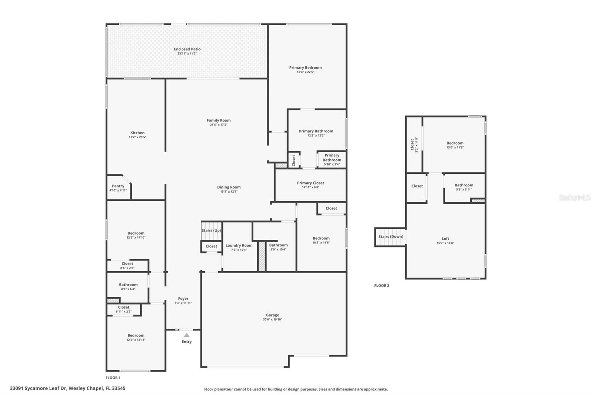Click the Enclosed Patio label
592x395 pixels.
(x=187, y=49)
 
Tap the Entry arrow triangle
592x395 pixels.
(x=187, y=335)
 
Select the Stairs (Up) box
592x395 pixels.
(x=211, y=230)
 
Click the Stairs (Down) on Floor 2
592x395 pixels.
(x=391, y=236)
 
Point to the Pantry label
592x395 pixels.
(x=118, y=186)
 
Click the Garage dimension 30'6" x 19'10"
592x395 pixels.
(x=272, y=319)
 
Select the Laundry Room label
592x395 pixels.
(x=239, y=245)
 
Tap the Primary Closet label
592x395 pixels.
(x=310, y=183)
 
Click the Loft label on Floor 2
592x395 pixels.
(x=445, y=239)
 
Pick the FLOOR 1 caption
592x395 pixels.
(x=113, y=378)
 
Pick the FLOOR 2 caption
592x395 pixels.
(x=381, y=286)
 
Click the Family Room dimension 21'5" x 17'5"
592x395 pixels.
(x=219, y=125)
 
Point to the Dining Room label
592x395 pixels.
(x=229, y=187)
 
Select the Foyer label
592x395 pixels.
(x=183, y=298)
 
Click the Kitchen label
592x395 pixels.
(x=137, y=133)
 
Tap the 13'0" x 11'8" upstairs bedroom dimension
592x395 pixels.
(x=455, y=147)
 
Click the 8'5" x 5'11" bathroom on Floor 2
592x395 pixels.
(x=464, y=187)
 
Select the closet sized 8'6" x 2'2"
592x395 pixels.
(x=127, y=265)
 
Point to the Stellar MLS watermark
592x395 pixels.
(x=574, y=197)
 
